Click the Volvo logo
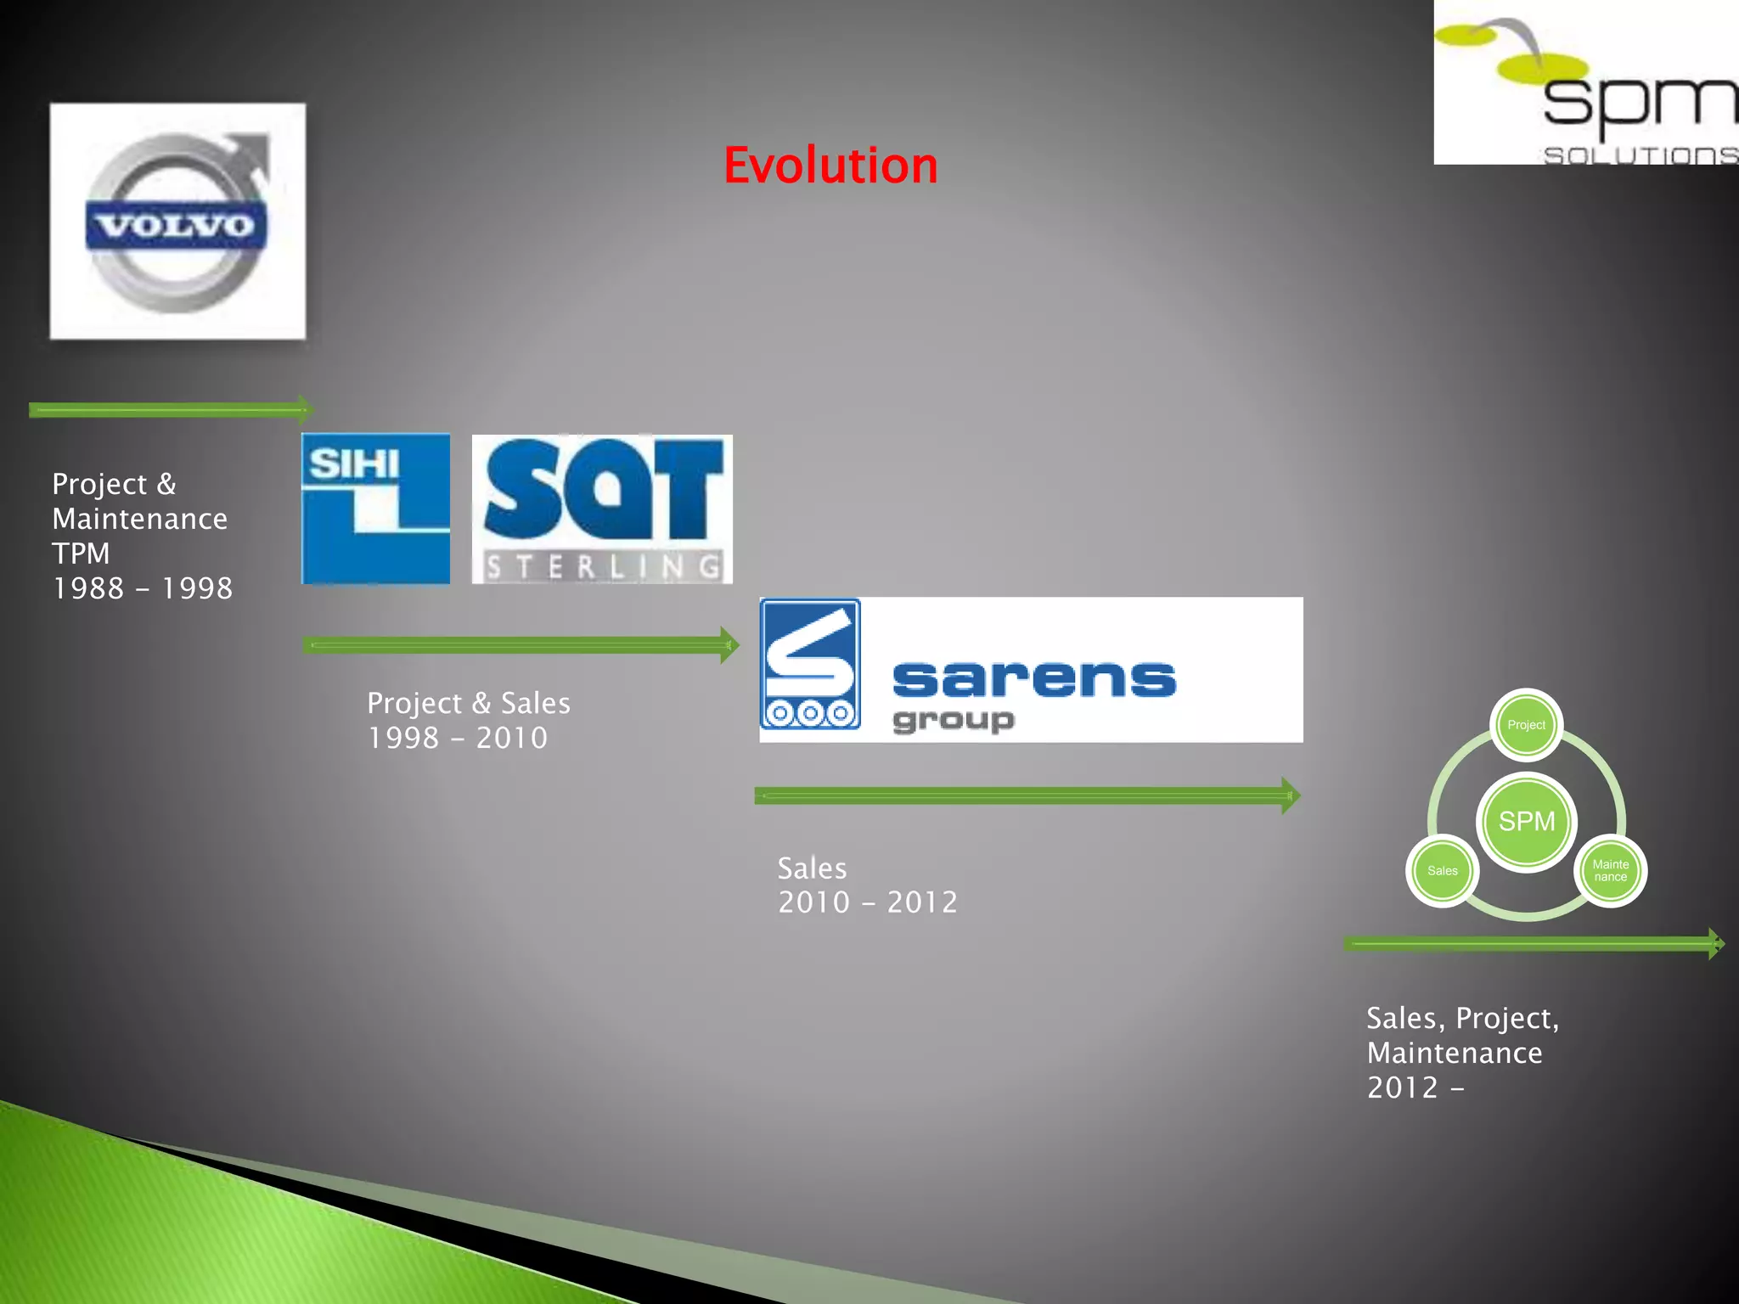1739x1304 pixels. click(177, 222)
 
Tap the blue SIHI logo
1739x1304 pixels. click(375, 509)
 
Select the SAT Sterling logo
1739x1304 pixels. click(602, 509)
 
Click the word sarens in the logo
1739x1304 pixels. click(1033, 678)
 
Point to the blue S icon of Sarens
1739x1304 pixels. click(810, 664)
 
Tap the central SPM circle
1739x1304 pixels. click(1526, 821)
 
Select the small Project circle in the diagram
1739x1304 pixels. click(1526, 725)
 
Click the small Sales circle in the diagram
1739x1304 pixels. click(1442, 871)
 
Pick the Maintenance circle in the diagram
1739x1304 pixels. click(1610, 871)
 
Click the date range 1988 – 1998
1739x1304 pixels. click(143, 588)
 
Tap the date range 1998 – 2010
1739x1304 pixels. click(458, 738)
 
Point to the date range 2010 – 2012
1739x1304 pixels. click(868, 902)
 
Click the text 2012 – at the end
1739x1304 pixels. click(1415, 1088)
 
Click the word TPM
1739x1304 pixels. click(82, 554)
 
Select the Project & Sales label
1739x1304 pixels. click(469, 703)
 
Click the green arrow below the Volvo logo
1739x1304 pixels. click(170, 410)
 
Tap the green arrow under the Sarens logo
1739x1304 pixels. click(1026, 795)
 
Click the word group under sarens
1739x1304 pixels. click(953, 720)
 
